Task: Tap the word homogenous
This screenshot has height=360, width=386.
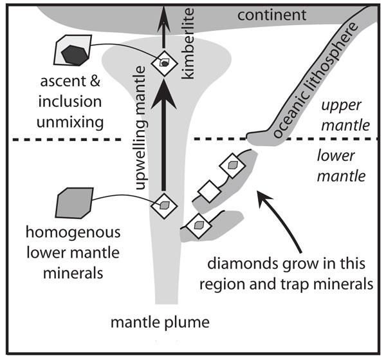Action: click(x=70, y=232)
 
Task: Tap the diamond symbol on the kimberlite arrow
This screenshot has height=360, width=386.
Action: click(x=164, y=63)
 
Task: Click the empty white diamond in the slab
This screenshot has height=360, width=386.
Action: click(x=208, y=190)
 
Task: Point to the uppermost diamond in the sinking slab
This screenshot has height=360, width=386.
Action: click(x=230, y=165)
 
